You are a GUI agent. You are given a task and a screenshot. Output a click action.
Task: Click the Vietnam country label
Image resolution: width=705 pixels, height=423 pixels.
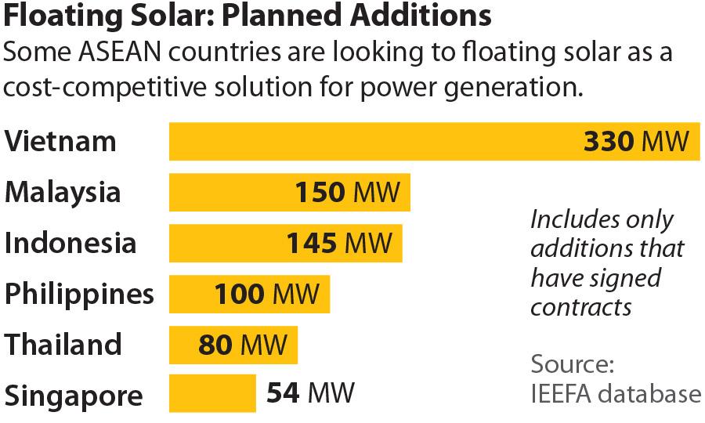tap(60, 142)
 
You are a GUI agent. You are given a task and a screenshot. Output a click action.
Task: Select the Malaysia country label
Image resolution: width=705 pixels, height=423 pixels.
tap(63, 192)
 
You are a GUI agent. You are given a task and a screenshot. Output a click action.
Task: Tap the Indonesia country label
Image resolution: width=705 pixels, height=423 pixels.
tap(70, 243)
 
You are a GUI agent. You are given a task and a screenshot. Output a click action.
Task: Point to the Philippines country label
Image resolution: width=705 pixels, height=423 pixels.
tap(79, 295)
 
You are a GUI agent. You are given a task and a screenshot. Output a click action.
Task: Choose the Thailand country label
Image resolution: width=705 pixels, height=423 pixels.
tap(63, 344)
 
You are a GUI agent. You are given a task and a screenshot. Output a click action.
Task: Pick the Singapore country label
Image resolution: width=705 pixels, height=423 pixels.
tap(74, 395)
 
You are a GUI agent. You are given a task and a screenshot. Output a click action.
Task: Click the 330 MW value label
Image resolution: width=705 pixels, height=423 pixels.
tap(637, 142)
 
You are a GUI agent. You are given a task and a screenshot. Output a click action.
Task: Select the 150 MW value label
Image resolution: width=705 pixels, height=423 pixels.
tap(347, 192)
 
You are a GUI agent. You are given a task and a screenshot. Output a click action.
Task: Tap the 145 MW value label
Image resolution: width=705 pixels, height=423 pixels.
tap(338, 243)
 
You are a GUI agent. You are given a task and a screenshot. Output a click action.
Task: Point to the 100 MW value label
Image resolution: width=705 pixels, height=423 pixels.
tap(266, 295)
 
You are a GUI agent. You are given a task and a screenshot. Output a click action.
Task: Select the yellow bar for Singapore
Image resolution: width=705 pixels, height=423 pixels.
tap(212, 392)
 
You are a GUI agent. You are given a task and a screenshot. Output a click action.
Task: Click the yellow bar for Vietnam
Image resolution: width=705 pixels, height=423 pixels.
tap(376, 142)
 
